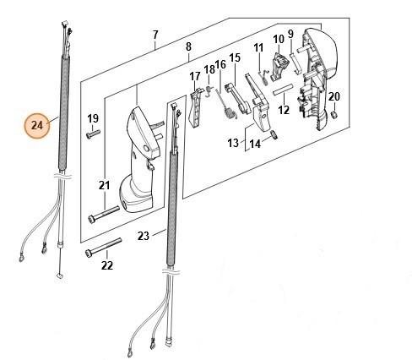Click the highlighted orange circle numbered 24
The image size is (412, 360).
coord(37,125)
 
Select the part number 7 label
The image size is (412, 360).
coord(155,35)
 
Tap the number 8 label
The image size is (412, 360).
coord(188,46)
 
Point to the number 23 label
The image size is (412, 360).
coord(143,236)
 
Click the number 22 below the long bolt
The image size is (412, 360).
coord(107,265)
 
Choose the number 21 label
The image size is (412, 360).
coord(104,185)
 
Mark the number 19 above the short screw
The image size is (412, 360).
coord(93,118)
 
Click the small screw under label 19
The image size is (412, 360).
coord(93,134)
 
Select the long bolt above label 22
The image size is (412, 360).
coord(103,247)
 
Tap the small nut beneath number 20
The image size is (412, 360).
coord(333,115)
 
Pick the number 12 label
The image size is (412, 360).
coord(284,110)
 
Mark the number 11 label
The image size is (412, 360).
coord(258,47)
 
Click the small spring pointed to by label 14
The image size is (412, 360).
coord(274,134)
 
